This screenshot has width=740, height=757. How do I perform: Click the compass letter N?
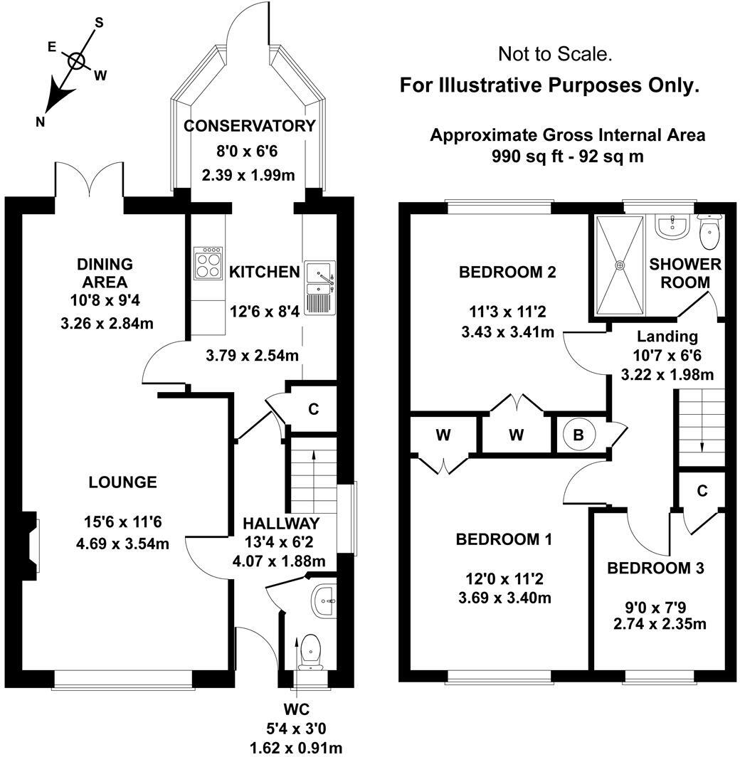pos(41,122)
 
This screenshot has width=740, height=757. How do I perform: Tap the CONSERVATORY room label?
pos(249,126)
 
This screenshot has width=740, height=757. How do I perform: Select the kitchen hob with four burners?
pos(208,265)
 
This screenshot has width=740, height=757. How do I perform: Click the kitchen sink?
pos(319,277)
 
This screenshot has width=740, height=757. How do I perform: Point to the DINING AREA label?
pos(105,272)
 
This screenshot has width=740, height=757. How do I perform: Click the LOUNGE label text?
pos(122,482)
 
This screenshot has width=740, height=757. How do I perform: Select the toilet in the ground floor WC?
pos(310,650)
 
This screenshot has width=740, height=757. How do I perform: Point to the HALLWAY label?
pos(279,523)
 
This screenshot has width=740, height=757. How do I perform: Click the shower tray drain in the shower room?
pos(620,265)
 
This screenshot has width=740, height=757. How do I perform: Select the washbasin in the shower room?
pos(671,226)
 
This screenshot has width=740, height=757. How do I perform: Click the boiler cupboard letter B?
pos(578,435)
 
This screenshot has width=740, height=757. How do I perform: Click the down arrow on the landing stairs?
pos(702,446)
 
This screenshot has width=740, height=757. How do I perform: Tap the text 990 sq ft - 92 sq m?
pos(567,156)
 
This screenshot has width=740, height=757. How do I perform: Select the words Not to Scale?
pos(555,53)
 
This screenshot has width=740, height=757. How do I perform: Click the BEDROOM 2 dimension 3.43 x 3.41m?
pos(507,332)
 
